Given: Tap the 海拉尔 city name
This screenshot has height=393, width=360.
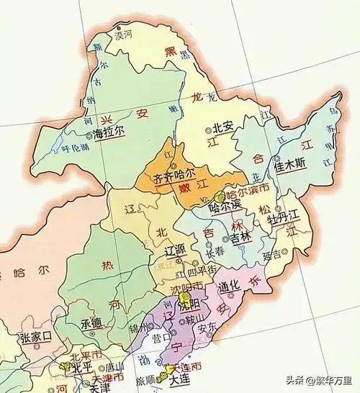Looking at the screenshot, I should pos(109,133).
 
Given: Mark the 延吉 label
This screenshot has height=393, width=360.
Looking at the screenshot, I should pos(271,253).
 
